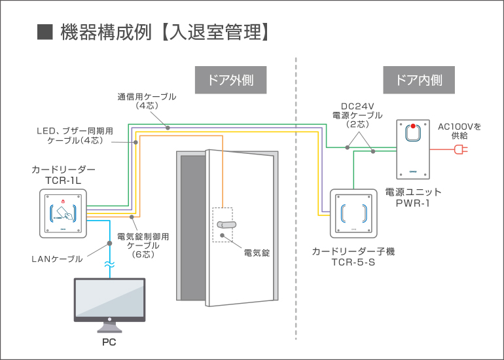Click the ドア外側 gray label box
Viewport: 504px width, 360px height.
click(x=231, y=80)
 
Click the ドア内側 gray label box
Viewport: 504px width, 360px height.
click(x=419, y=80)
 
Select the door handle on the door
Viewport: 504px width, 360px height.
click(x=226, y=225)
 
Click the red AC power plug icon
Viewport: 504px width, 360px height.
click(x=461, y=149)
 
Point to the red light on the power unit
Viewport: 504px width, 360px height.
click(x=413, y=126)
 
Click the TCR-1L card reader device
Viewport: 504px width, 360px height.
click(x=63, y=213)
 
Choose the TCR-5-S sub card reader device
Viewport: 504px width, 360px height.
click(x=353, y=213)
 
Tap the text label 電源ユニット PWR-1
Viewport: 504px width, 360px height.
click(x=413, y=198)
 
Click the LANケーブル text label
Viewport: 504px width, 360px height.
click(x=57, y=259)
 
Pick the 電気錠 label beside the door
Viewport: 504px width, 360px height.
click(x=257, y=253)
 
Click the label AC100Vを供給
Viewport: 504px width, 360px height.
click(x=459, y=131)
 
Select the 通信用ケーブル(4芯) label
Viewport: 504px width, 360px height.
click(x=147, y=101)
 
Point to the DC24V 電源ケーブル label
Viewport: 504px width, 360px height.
click(x=357, y=115)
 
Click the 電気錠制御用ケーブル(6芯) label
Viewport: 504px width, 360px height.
click(x=143, y=245)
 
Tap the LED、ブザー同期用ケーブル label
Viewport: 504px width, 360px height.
click(x=75, y=135)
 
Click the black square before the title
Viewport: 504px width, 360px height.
click(x=45, y=32)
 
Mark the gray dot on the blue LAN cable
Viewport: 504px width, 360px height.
click(x=109, y=243)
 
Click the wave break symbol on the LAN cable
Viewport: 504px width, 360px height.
click(x=109, y=265)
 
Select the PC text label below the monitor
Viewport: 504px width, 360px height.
click(x=109, y=342)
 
